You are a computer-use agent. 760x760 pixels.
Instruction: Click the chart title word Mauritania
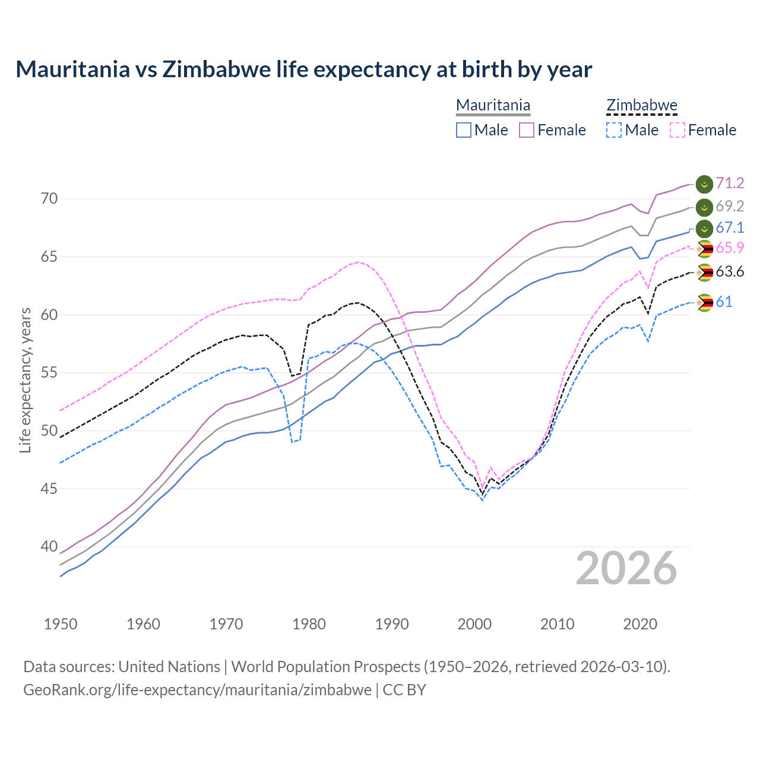coord(72,69)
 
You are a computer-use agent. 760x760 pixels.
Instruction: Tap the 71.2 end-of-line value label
coord(730,183)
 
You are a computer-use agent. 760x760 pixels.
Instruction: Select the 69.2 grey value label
coord(730,207)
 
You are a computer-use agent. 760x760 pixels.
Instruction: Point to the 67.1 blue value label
coord(730,228)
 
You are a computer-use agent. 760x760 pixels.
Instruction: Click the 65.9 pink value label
coord(730,248)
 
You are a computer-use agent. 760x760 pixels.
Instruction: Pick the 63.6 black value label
coord(730,272)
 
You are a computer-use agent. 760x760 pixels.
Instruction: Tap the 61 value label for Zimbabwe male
coord(724,302)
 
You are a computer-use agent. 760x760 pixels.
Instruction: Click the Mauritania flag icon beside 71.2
coord(704,184)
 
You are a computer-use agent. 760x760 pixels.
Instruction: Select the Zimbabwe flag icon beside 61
coord(704,303)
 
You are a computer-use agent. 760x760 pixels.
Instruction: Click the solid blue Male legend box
coord(464,130)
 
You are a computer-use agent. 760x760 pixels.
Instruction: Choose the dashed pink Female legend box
coord(677,130)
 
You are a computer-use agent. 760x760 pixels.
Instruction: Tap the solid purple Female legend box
coord(527,130)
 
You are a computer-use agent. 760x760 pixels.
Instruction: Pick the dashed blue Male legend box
coord(614,130)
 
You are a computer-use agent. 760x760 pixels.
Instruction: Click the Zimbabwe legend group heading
coord(642,106)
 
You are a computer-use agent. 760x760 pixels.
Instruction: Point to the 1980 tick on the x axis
coord(309,624)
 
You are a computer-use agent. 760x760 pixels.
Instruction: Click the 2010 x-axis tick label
coord(557,624)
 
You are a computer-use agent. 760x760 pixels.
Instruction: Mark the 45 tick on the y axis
coord(49,489)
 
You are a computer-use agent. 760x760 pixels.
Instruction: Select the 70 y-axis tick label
coord(49,199)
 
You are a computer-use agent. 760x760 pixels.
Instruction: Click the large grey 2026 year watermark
coord(626,569)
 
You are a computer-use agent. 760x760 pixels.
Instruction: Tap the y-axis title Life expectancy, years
coord(26,380)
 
